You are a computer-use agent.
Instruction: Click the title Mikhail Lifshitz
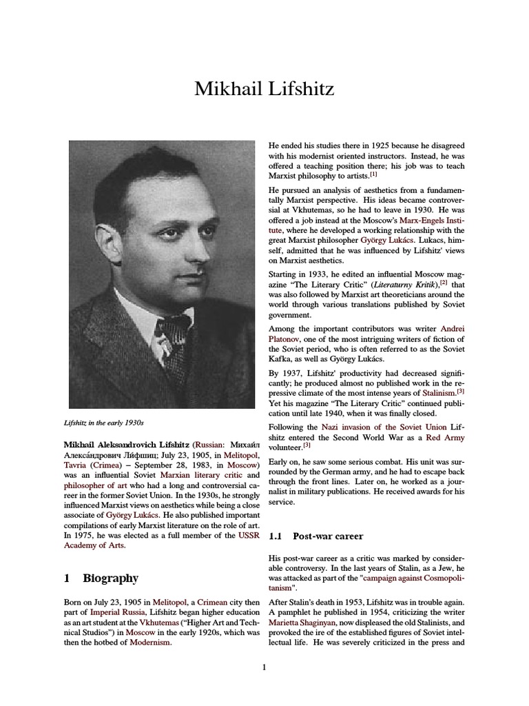(264, 88)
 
